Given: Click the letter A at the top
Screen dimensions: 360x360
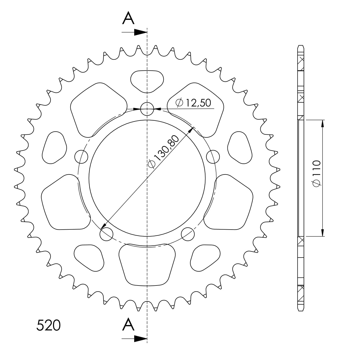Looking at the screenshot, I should click(x=129, y=19).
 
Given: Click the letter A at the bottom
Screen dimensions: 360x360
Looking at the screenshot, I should click(x=129, y=324).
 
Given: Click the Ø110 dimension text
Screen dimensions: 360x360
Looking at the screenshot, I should click(x=316, y=173).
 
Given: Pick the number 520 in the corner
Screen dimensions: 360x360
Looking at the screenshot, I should click(x=48, y=325).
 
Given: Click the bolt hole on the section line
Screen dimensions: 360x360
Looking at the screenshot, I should click(x=147, y=109).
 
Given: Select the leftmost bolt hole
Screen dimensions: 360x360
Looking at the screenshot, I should click(x=81, y=157).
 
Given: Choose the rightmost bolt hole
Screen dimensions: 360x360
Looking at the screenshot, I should click(x=213, y=157).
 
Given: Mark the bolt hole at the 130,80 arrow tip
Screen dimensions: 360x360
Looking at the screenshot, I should click(x=106, y=234).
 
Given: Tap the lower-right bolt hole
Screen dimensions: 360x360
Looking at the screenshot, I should click(x=188, y=234).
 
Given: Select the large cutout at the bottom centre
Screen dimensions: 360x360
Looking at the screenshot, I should click(x=147, y=263).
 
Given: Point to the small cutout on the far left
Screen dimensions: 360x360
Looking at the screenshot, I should click(x=55, y=147).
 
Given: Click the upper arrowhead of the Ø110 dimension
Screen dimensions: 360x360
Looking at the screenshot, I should click(x=323, y=124).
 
